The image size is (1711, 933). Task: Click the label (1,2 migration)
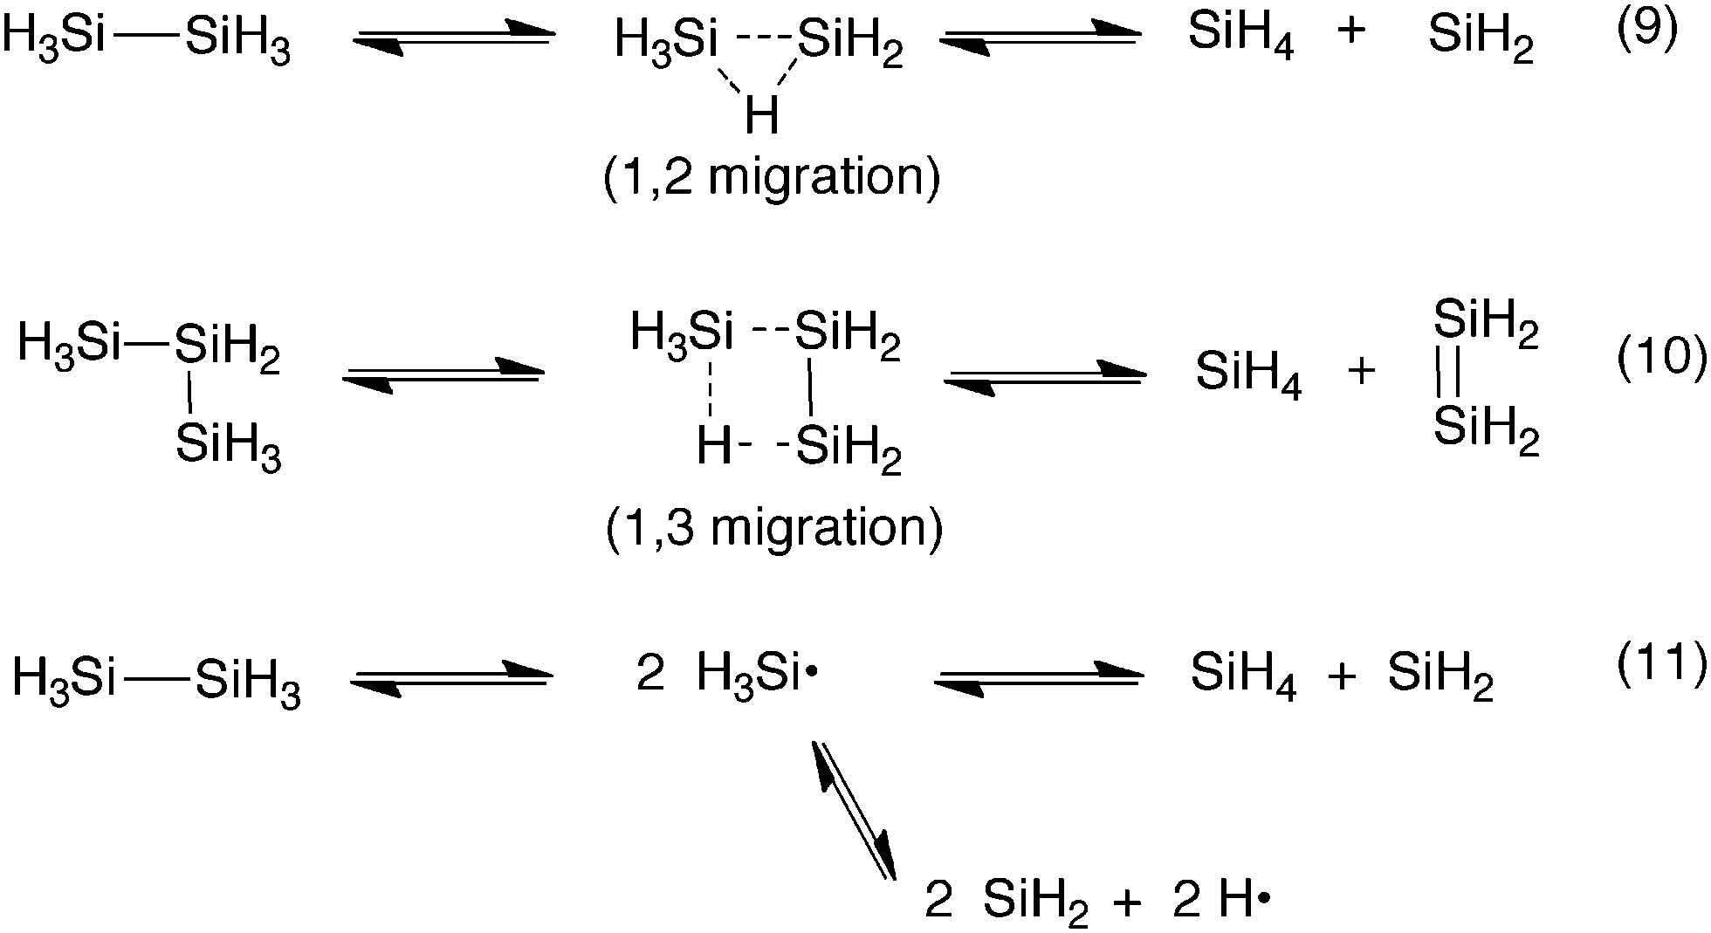point(772,177)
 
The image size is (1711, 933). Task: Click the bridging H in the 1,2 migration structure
point(761,116)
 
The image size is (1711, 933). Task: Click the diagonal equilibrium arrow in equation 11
point(854,810)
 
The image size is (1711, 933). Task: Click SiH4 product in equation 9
point(1240,38)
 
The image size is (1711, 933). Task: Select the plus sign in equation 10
point(1361,372)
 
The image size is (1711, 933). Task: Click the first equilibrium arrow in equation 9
point(455,39)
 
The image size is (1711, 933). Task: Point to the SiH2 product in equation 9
point(1481,38)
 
